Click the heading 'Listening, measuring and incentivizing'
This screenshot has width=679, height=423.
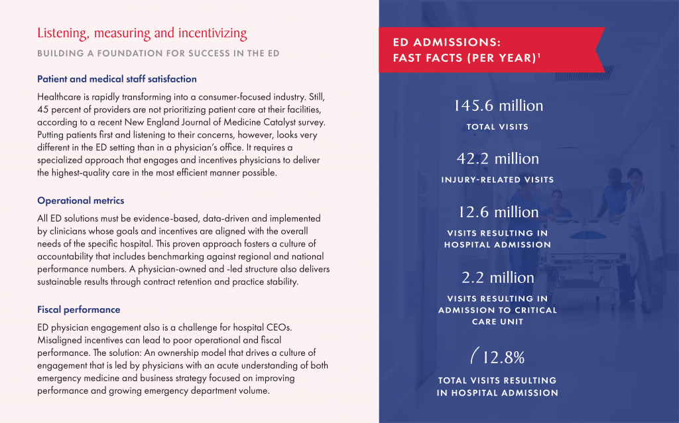tap(142, 33)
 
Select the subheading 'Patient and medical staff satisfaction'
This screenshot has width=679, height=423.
tap(117, 79)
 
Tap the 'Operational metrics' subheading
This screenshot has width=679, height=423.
tap(80, 201)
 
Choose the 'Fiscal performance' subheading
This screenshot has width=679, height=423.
tap(79, 309)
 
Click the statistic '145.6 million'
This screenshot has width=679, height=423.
tap(498, 106)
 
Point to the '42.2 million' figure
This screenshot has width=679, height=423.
tap(497, 158)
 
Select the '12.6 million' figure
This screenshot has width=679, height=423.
tap(499, 212)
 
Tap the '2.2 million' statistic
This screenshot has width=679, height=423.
tap(497, 277)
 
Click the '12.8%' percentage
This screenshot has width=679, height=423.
tap(503, 357)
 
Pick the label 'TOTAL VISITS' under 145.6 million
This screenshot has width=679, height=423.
tap(497, 127)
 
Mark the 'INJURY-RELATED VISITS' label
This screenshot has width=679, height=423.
tap(497, 179)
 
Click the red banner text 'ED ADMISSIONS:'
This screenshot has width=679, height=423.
tap(447, 42)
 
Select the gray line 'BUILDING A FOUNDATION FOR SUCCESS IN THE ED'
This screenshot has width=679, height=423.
tap(158, 53)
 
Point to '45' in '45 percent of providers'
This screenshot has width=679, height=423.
tap(42, 110)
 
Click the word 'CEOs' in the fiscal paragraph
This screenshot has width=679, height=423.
tap(279, 327)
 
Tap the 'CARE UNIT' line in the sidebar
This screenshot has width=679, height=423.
tap(497, 321)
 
